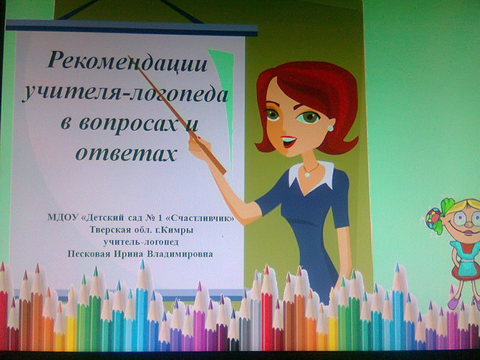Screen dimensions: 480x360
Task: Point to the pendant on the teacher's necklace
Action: click(308, 175)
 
